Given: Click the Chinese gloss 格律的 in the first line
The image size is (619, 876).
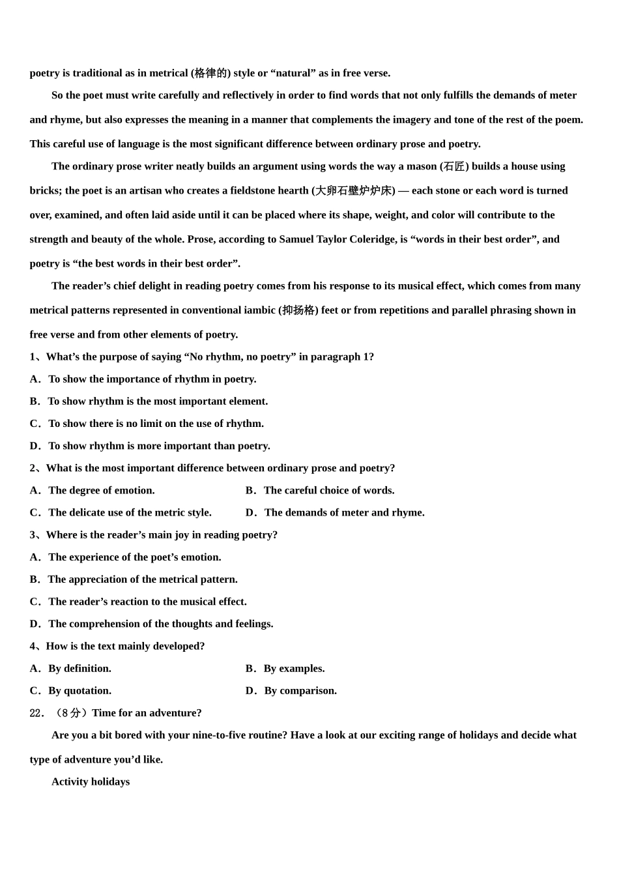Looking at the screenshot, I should (x=211, y=73).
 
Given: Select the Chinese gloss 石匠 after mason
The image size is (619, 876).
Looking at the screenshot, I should (x=454, y=166).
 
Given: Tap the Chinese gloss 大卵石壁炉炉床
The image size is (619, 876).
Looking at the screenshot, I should (x=354, y=190).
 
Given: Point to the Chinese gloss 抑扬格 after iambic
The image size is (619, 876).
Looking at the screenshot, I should (x=298, y=310).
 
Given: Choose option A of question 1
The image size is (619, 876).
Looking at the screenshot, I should (x=143, y=379).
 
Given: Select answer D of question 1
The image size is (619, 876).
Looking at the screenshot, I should (x=150, y=446).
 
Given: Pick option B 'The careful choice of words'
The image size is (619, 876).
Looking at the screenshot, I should (x=320, y=490).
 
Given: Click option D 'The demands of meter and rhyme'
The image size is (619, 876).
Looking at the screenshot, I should (x=335, y=512).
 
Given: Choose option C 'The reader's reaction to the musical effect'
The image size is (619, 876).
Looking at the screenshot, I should (x=138, y=602).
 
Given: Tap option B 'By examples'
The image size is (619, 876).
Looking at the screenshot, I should (x=285, y=668).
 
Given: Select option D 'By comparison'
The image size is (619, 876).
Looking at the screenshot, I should (x=291, y=690).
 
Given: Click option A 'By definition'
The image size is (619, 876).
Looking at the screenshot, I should (x=70, y=668).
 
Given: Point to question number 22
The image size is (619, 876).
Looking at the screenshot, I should (x=36, y=713).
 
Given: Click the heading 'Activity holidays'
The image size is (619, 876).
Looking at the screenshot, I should (x=91, y=781).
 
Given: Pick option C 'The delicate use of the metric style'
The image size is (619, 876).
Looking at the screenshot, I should (x=121, y=512).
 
